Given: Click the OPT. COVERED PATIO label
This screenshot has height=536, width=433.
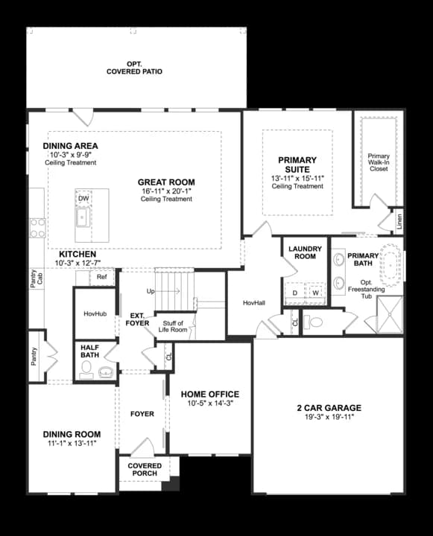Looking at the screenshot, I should coord(134,68).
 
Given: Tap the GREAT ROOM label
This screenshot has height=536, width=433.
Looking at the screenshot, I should coord(166,182).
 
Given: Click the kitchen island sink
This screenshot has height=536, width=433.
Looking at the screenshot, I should coord(83,217).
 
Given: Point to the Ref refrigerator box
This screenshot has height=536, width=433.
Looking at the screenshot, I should coord(101,277).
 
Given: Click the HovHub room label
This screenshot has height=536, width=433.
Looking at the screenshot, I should coord(95,314).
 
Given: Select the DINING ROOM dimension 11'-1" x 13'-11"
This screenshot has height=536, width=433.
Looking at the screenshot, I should coord(72,443).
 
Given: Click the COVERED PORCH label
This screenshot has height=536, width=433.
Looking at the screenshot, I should coord(145,470).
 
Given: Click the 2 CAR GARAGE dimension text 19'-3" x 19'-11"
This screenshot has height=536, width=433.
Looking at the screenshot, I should coord(328,417).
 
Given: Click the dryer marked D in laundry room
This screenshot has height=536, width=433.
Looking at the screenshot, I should coord(294,293).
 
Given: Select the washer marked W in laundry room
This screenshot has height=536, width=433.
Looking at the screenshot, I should coord(316,293).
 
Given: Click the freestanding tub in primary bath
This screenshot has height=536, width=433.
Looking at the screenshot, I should coord(391,263).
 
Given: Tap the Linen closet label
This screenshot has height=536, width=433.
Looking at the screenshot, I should coord(399,220).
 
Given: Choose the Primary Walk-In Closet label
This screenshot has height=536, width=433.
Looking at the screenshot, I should coord(379,162).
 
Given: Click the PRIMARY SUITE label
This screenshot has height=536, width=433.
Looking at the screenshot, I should coord(297,164).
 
